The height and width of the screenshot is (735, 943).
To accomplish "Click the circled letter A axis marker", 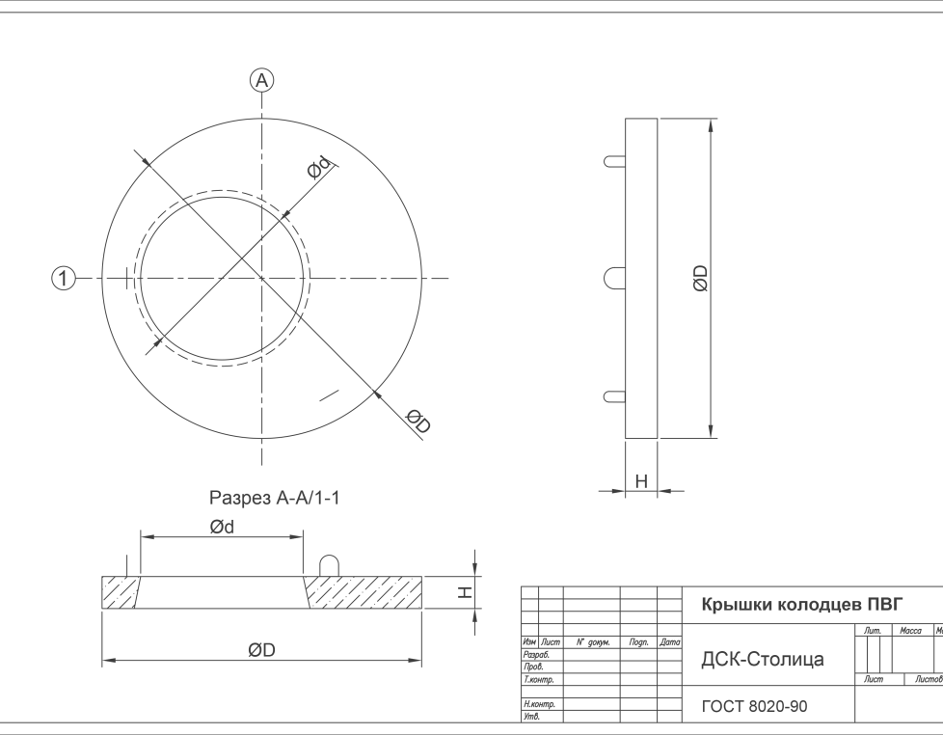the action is pyautogui.click(x=261, y=81).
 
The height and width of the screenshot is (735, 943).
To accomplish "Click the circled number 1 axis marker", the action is pyautogui.click(x=63, y=279).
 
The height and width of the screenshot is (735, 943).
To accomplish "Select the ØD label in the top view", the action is pyautogui.click(x=418, y=421).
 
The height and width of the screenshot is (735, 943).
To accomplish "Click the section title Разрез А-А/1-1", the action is pyautogui.click(x=274, y=498).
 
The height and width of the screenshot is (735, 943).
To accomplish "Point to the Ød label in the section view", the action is pyautogui.click(x=222, y=527).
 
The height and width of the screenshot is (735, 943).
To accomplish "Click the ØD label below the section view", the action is pyautogui.click(x=261, y=650).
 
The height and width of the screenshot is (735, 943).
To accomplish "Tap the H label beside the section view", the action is pyautogui.click(x=465, y=592).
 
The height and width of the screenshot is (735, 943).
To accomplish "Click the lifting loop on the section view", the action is pyautogui.click(x=329, y=566).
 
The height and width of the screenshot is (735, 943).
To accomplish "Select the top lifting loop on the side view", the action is pyautogui.click(x=614, y=161).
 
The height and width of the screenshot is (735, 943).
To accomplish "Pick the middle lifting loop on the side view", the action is pyautogui.click(x=614, y=279).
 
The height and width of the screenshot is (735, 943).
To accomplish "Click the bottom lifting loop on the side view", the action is pyautogui.click(x=614, y=397).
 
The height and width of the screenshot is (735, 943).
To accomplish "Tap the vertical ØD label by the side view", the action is pyautogui.click(x=700, y=279).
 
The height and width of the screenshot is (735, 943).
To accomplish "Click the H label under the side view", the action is pyautogui.click(x=641, y=481).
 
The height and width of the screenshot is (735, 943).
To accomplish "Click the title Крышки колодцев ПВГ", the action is pyautogui.click(x=802, y=605).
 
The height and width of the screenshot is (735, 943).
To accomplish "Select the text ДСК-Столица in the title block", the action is pyautogui.click(x=763, y=659).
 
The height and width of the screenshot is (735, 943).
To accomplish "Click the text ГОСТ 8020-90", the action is pyautogui.click(x=754, y=706).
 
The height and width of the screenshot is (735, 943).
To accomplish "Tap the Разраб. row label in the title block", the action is pyautogui.click(x=536, y=654).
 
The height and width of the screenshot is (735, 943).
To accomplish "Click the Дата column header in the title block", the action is pyautogui.click(x=669, y=642).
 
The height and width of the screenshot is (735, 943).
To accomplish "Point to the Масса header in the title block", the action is pyautogui.click(x=910, y=630).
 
